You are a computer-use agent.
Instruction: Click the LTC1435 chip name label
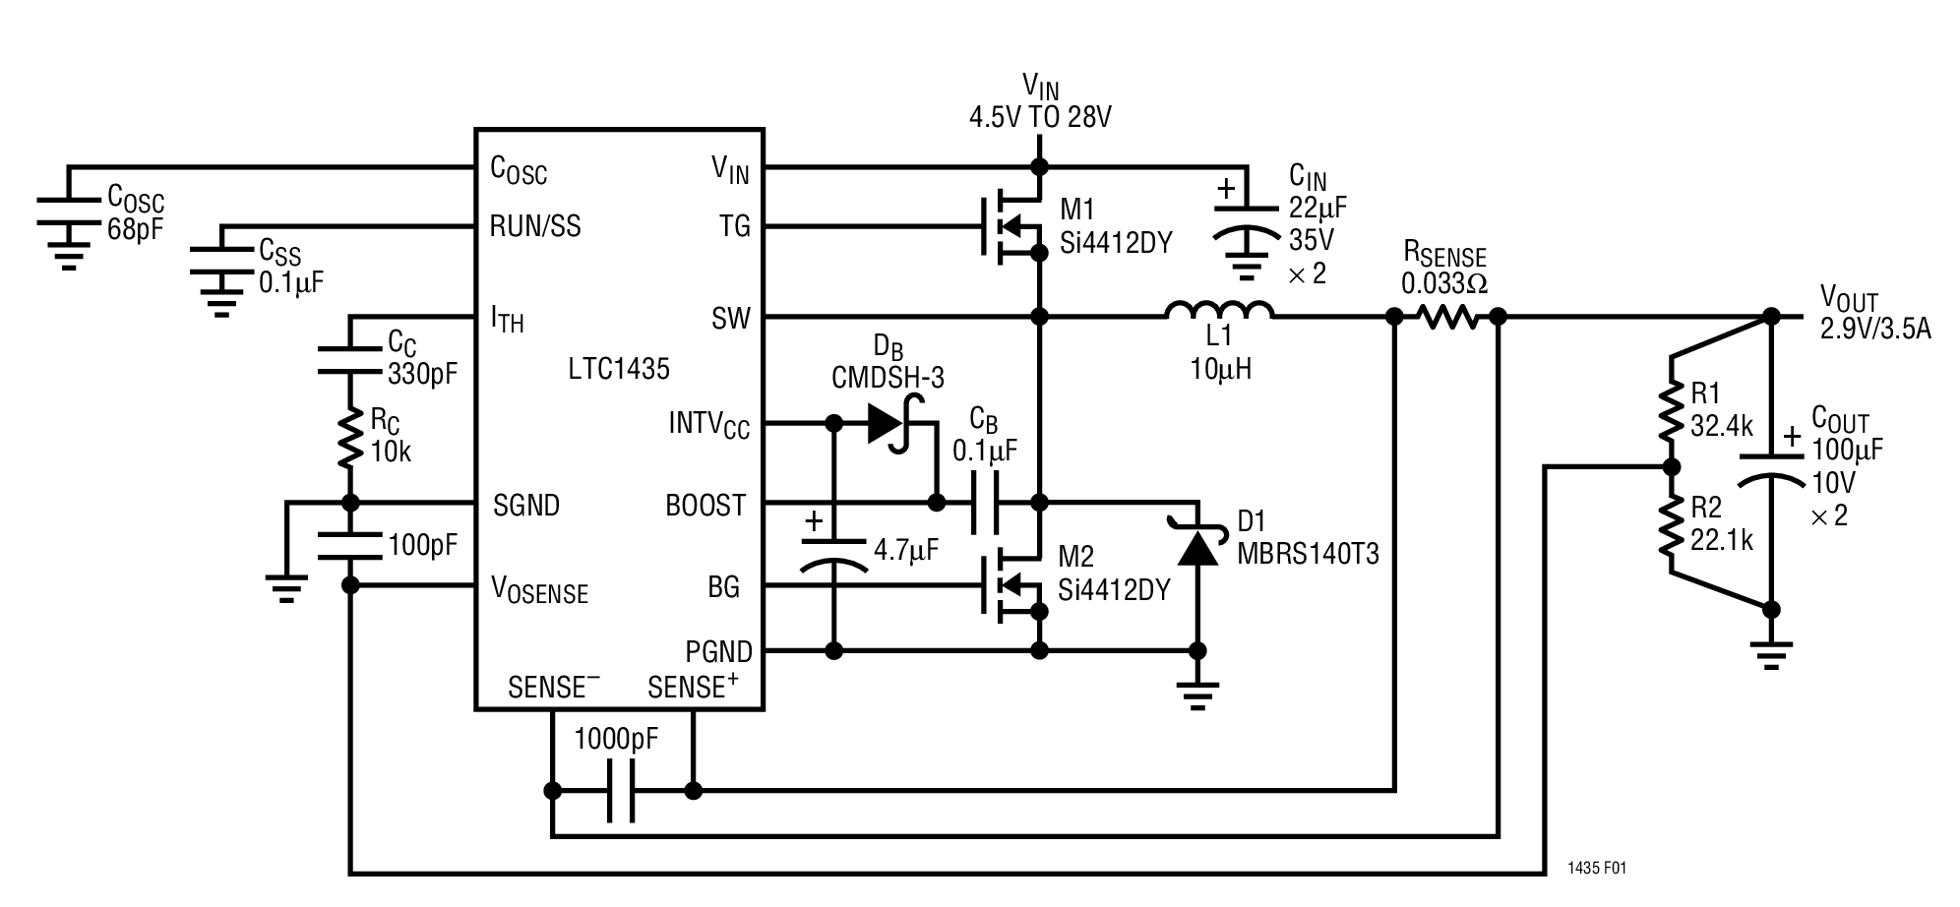point(618,369)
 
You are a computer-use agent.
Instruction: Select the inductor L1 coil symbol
point(1219,311)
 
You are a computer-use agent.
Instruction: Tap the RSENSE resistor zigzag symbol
point(1445,317)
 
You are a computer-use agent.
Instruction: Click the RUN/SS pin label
point(535,226)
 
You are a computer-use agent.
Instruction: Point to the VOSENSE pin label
point(539,590)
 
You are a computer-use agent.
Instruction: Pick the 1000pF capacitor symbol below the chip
point(620,790)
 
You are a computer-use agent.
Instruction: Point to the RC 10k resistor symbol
point(350,440)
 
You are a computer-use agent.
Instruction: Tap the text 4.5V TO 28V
point(1040,118)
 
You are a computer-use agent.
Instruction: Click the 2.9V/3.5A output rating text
point(1874,329)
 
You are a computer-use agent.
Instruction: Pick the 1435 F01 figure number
point(1597,869)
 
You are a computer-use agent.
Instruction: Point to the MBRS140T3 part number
point(1307,554)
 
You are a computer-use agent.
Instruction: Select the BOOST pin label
point(704,506)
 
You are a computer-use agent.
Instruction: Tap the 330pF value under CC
point(422,373)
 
